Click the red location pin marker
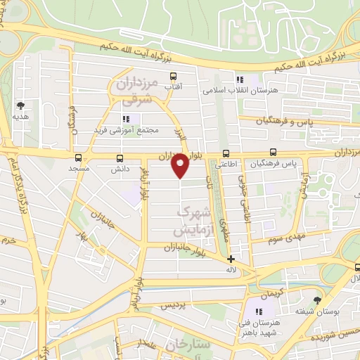181,165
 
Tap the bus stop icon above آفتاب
172,75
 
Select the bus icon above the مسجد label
78,157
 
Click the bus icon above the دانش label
118,157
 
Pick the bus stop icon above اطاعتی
226,153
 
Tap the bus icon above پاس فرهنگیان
273,152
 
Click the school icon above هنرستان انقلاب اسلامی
240,79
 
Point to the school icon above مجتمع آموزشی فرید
127,119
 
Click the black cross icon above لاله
231,259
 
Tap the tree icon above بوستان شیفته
316,299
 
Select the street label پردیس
175,307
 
